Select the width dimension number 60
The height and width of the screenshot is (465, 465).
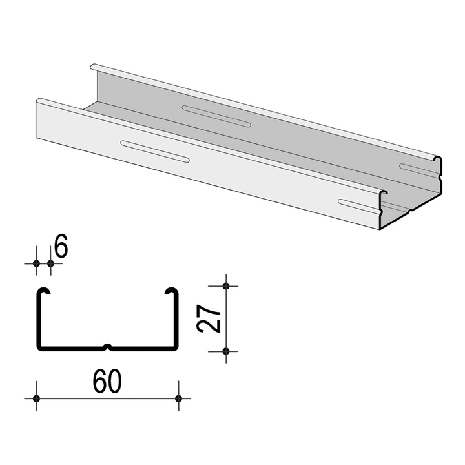pos(107,383)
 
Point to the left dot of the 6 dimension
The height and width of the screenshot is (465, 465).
pos(36,263)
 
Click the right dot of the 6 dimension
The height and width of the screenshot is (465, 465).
pos(51,263)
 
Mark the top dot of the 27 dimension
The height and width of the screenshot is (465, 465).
pos(225,285)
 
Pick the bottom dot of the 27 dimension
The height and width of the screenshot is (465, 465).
pos(225,351)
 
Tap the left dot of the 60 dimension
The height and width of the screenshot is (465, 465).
pos(36,397)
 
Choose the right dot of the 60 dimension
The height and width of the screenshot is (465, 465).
pos(179,397)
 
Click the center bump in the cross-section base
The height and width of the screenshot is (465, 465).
pos(108,347)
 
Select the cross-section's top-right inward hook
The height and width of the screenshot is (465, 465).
pos(172,291)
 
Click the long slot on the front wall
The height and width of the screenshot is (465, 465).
pos(154,150)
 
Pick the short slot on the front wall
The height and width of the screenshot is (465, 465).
pos(358,206)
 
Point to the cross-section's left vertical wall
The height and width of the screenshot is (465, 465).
pos(37,320)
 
